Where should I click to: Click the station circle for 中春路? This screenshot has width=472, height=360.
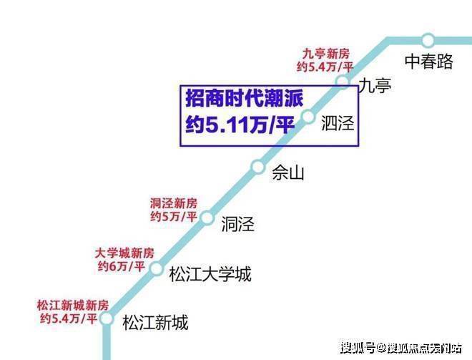[428, 40]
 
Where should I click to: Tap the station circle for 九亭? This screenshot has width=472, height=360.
[343, 81]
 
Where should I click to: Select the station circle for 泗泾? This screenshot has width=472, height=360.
[308, 117]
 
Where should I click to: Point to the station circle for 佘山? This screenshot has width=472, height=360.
[258, 166]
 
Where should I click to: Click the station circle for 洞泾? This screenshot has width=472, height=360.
[207, 218]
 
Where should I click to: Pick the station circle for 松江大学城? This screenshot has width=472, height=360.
[157, 268]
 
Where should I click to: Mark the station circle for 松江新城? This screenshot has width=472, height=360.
[106, 318]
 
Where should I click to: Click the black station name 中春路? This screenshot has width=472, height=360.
[429, 62]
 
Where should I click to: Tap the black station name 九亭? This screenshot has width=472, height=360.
[375, 85]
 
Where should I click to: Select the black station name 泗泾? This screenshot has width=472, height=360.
[338, 123]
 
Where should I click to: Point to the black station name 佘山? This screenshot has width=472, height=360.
[288, 172]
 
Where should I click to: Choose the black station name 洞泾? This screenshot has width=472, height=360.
[238, 224]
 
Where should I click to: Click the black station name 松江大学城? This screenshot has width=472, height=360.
[210, 274]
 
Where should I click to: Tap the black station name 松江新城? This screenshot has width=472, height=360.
[155, 323]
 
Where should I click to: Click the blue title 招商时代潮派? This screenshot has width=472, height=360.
[245, 98]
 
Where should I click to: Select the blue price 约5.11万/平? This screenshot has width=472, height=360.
[240, 125]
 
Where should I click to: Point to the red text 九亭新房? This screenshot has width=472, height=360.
[325, 54]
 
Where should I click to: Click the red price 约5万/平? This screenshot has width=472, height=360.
[174, 216]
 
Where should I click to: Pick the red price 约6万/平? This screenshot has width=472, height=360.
[122, 266]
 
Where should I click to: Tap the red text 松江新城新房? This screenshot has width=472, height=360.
[73, 306]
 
